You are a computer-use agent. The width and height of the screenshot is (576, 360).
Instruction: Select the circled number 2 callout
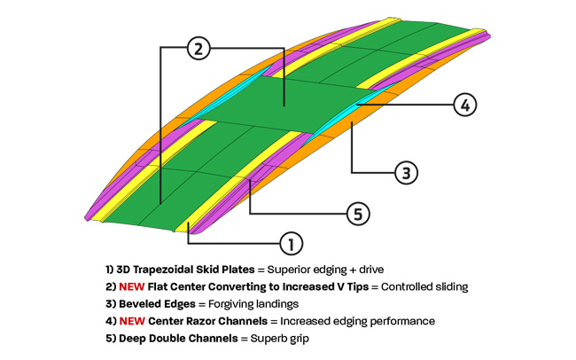(x=199, y=49)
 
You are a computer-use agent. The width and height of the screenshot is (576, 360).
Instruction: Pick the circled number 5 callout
(x=357, y=214)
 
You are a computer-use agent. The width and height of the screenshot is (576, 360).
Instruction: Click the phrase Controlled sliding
(x=420, y=286)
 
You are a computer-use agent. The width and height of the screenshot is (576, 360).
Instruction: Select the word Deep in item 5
(x=133, y=338)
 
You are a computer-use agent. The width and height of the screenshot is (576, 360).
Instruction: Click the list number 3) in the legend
(x=109, y=303)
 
